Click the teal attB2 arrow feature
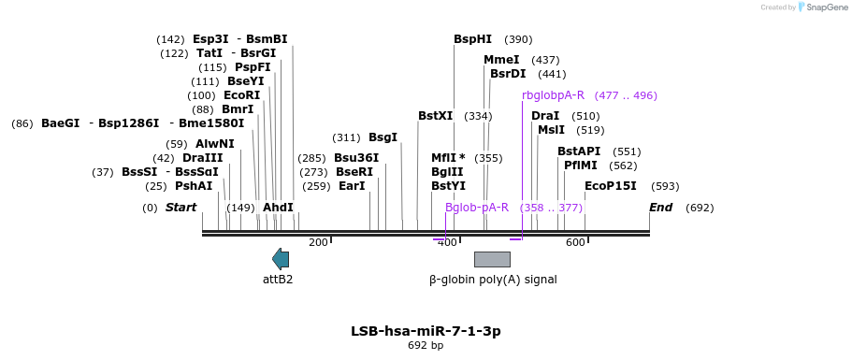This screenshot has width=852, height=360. pyautogui.click(x=281, y=259)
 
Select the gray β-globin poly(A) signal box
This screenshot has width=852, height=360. pyautogui.click(x=492, y=260)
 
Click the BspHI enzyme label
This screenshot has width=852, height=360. pyautogui.click(x=472, y=39)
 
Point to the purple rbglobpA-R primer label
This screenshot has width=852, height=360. pyautogui.click(x=553, y=95)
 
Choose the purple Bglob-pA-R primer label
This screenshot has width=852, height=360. pyautogui.click(x=477, y=208)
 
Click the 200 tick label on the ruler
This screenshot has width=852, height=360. pyautogui.click(x=318, y=242)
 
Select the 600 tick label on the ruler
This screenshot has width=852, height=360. pyautogui.click(x=575, y=242)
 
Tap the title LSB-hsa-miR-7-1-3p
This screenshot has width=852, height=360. pyautogui.click(x=426, y=331)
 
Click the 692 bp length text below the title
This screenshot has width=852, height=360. pyautogui.click(x=426, y=345)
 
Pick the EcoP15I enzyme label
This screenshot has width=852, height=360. pyautogui.click(x=610, y=186)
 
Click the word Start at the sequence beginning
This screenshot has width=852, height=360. pyautogui.click(x=181, y=208)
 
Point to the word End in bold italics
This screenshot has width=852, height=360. pyautogui.click(x=660, y=208)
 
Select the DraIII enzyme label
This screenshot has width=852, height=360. pyautogui.click(x=203, y=158)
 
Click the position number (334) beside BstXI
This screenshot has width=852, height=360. pyautogui.click(x=478, y=116)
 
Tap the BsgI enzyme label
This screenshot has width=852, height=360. pyautogui.click(x=383, y=137)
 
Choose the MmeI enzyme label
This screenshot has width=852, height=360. pyautogui.click(x=501, y=60)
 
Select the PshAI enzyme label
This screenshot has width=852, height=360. pyautogui.click(x=194, y=186)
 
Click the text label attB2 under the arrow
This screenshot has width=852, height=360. pyautogui.click(x=278, y=280)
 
